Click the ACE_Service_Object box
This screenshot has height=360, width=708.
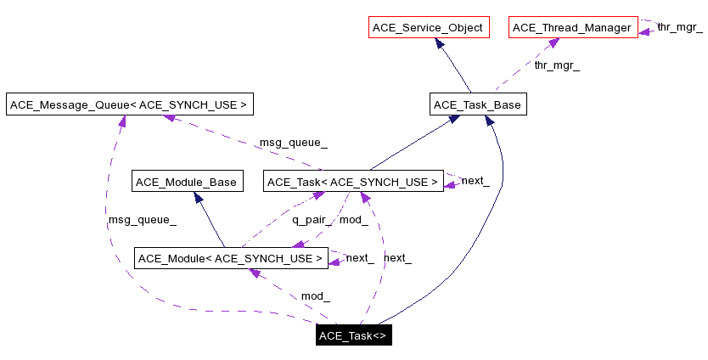pyautogui.click(x=428, y=28)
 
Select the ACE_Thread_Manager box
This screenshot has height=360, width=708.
pyautogui.click(x=572, y=28)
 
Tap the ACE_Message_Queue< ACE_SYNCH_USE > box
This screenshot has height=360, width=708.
pyautogui.click(x=129, y=104)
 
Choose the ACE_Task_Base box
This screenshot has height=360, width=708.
pyautogui.click(x=476, y=104)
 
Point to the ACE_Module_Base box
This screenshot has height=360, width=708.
pyautogui.click(x=187, y=181)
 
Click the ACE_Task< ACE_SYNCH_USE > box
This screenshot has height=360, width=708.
pyautogui.click(x=353, y=181)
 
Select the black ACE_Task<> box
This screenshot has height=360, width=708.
pyautogui.click(x=353, y=335)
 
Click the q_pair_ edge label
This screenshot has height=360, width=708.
pyautogui.click(x=312, y=220)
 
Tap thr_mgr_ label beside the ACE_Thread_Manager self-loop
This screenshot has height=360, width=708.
pyautogui.click(x=679, y=27)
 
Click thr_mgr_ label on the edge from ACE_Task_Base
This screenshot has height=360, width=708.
pyautogui.click(x=557, y=65)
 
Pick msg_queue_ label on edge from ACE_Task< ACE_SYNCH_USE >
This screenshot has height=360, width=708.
pyautogui.click(x=293, y=142)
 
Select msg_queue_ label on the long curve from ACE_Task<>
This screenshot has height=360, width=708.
pyautogui.click(x=142, y=220)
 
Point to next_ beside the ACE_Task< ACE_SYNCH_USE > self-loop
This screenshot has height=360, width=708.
pyautogui.click(x=475, y=181)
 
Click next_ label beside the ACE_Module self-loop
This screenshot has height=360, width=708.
pyautogui.click(x=359, y=257)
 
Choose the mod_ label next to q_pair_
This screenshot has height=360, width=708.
pyautogui.click(x=353, y=220)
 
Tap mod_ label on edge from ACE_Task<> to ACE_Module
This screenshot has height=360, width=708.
pyautogui.click(x=315, y=296)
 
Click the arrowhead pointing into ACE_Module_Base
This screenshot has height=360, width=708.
pyautogui.click(x=198, y=198)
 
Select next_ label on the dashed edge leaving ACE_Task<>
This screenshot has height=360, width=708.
pyautogui.click(x=397, y=257)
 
